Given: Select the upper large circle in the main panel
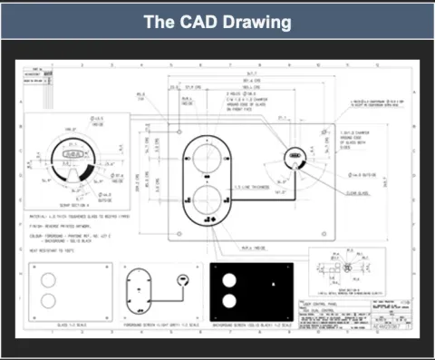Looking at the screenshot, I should point(208,157).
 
